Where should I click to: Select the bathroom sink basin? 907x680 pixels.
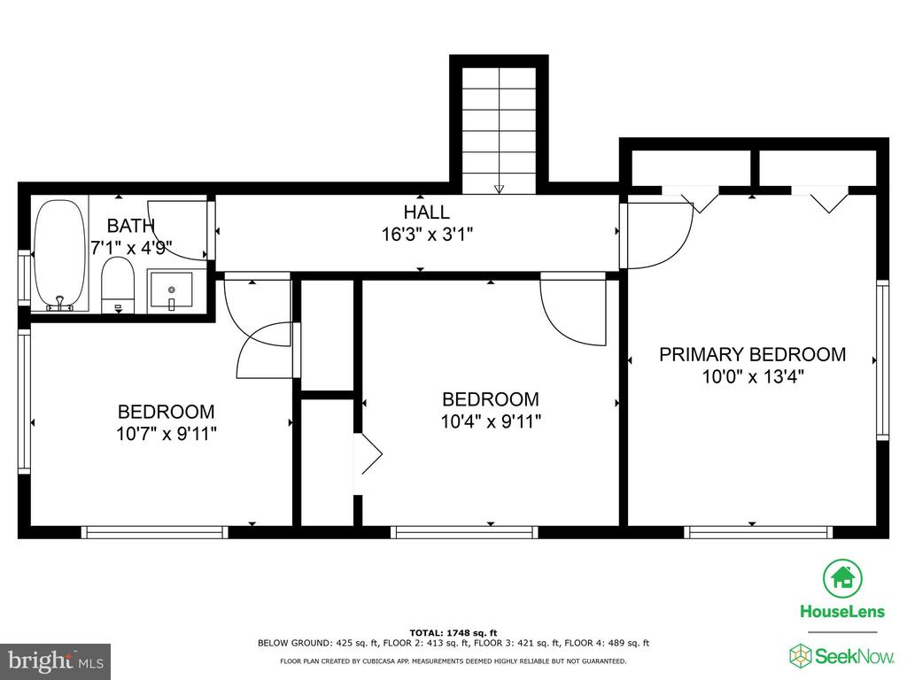click(171, 290)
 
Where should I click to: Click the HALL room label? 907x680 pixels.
click(427, 212)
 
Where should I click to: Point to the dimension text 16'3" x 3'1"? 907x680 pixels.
click(427, 235)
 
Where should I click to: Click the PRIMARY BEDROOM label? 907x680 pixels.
click(753, 354)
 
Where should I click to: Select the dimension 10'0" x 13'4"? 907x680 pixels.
click(753, 377)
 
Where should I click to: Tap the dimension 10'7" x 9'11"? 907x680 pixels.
click(167, 434)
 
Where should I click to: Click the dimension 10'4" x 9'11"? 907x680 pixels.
click(491, 421)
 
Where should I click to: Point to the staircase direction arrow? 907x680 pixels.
click(499, 189)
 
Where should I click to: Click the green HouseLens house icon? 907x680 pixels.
click(843, 578)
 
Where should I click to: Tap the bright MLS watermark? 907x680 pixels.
click(56, 661)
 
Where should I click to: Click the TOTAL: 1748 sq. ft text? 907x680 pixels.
click(453, 632)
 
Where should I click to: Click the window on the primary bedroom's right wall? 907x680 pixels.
click(882, 359)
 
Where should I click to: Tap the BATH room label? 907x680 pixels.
click(131, 226)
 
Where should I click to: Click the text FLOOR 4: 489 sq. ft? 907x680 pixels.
click(607, 643)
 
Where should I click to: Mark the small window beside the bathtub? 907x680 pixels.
click(24, 277)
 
